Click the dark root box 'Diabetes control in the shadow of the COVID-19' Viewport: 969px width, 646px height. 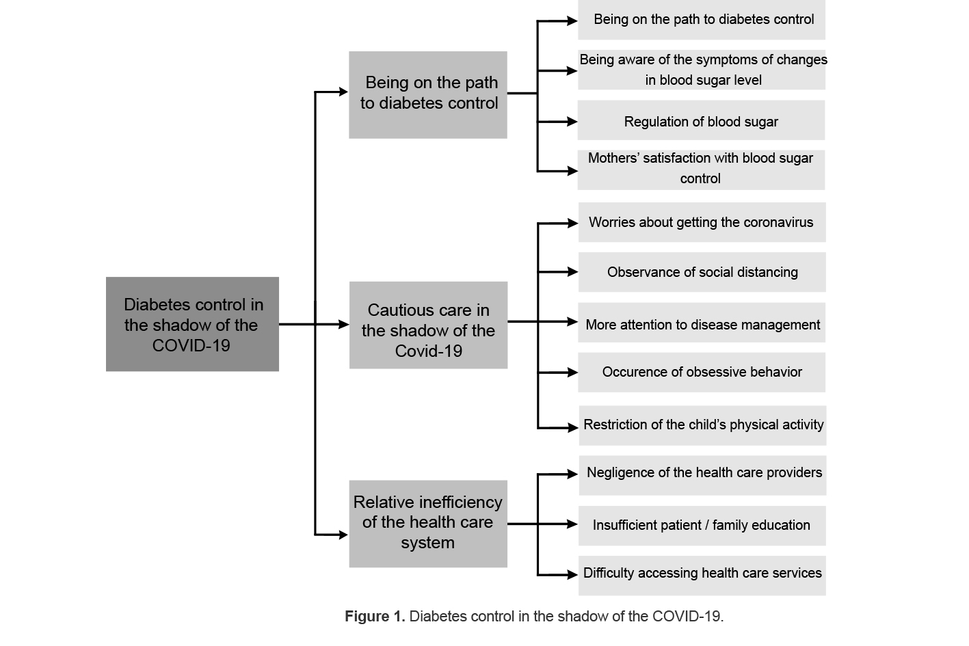pos(192,324)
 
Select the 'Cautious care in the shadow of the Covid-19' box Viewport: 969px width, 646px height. pos(428,325)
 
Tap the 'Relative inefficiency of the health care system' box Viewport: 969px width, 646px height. pos(428,524)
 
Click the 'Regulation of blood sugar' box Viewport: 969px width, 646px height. pos(701,121)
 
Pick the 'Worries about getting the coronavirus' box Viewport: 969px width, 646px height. pos(702,222)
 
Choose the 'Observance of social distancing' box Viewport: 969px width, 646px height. pos(702,272)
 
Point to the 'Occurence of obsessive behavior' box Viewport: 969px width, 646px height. pos(702,373)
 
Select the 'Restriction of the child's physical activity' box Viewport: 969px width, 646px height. pos(702,425)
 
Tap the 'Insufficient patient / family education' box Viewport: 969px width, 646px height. pos(702,526)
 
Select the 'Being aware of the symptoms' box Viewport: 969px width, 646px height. pos(702,70)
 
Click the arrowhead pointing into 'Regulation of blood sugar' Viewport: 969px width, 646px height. pos(572,122)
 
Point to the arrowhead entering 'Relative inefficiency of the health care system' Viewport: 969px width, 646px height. pos(343,535)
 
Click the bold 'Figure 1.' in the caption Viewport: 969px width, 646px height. pos(375,617)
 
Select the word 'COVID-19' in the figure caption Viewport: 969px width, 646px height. pos(686,617)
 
